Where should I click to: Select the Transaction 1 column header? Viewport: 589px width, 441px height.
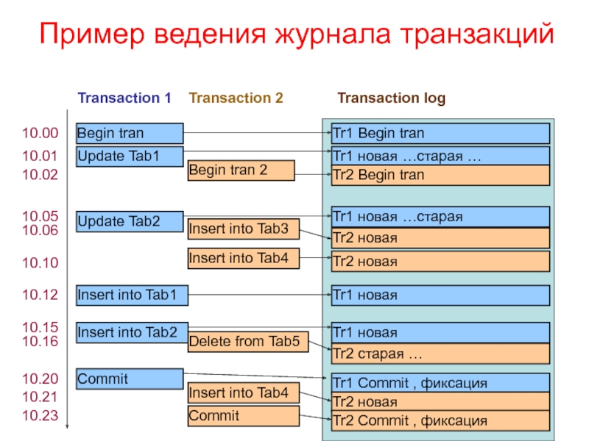click(x=124, y=98)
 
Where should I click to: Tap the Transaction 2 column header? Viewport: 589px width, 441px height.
click(x=236, y=98)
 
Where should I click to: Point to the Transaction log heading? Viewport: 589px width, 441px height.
click(x=391, y=98)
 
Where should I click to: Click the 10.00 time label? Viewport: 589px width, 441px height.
click(x=40, y=133)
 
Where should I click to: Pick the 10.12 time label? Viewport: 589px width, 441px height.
click(x=40, y=295)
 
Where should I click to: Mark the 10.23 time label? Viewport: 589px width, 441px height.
click(x=40, y=415)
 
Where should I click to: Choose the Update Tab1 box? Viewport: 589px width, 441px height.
click(x=130, y=157)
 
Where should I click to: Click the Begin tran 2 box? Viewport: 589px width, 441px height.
click(x=241, y=171)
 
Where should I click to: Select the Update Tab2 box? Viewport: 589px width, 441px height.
click(x=130, y=221)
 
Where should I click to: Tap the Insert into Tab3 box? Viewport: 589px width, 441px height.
click(x=243, y=229)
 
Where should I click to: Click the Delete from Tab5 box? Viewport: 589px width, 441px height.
click(x=247, y=341)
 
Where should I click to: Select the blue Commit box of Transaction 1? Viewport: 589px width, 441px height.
click(x=130, y=379)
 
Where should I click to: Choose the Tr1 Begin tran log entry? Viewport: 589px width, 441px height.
click(x=440, y=133)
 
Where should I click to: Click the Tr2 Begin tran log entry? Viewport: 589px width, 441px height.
click(x=440, y=175)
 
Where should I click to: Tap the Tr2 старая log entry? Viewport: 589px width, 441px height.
click(x=440, y=354)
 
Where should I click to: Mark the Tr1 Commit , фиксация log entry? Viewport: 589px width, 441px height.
click(x=440, y=383)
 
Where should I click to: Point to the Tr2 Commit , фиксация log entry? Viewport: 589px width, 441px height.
click(x=440, y=421)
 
